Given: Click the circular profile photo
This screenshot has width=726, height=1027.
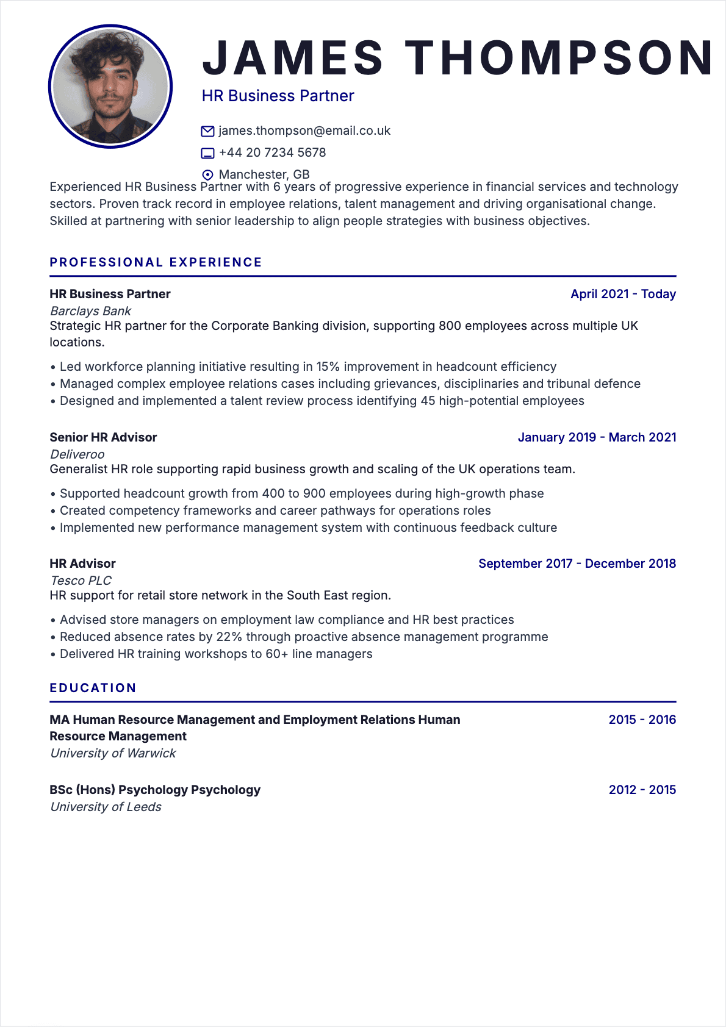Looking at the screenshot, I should pyautogui.click(x=110, y=87).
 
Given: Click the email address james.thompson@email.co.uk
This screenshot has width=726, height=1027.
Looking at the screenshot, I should pyautogui.click(x=304, y=131).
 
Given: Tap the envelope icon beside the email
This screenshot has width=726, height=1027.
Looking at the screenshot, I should pyautogui.click(x=207, y=131).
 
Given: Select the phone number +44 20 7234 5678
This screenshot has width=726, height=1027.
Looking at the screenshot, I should pyautogui.click(x=272, y=152).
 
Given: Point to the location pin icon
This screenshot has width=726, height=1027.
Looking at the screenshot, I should pyautogui.click(x=207, y=175).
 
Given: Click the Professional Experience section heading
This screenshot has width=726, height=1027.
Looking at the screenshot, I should pyautogui.click(x=156, y=262).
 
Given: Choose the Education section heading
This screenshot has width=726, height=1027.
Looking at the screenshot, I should pyautogui.click(x=93, y=688).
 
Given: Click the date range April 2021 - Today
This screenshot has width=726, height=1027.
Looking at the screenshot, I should pyautogui.click(x=623, y=294).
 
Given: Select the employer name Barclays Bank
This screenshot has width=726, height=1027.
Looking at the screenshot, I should pyautogui.click(x=90, y=311).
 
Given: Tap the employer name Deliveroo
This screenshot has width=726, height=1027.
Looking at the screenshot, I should pyautogui.click(x=77, y=454).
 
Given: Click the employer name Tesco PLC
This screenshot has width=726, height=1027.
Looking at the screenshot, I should pyautogui.click(x=81, y=581).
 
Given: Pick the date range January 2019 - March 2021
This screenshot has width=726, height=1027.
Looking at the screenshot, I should pyautogui.click(x=597, y=437).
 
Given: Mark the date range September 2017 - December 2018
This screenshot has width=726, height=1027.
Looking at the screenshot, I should pyautogui.click(x=577, y=564).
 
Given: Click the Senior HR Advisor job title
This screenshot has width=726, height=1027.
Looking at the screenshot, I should pyautogui.click(x=103, y=437).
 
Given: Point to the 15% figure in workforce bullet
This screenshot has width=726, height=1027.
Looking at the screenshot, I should pyautogui.click(x=328, y=367).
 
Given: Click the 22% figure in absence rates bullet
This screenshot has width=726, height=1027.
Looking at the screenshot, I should pyautogui.click(x=229, y=637).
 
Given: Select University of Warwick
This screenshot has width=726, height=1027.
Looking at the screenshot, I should pyautogui.click(x=113, y=753).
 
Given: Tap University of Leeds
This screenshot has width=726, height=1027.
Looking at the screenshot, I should pyautogui.click(x=106, y=807).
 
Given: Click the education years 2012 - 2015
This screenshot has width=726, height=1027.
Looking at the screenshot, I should pyautogui.click(x=642, y=790).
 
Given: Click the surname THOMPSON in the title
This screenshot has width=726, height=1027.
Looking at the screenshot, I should pyautogui.click(x=559, y=58).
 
